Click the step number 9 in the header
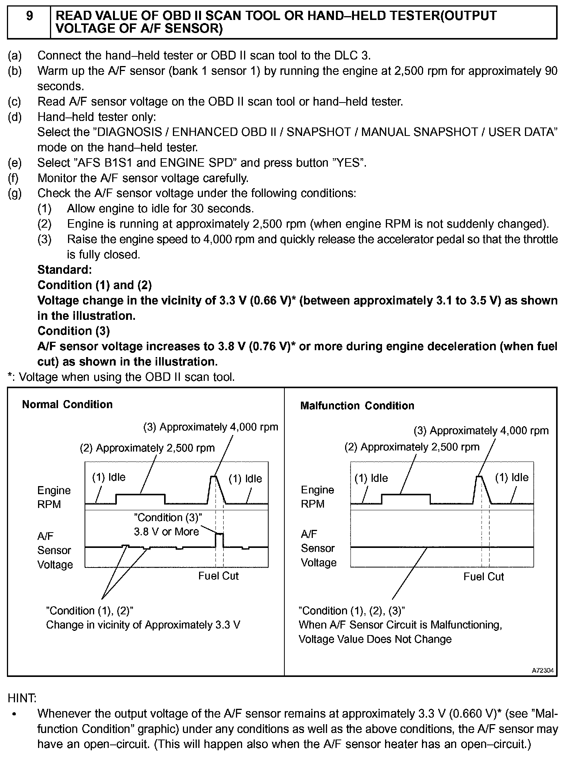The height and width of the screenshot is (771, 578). [x=29, y=16]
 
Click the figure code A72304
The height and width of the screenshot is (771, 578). [x=543, y=670]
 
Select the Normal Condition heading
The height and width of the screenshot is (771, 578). [x=67, y=404]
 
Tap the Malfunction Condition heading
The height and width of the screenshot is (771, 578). [x=357, y=405]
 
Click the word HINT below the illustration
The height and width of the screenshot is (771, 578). [x=22, y=698]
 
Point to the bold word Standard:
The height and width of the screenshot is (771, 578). [x=65, y=270]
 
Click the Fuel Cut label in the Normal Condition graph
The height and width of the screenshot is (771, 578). [x=218, y=576]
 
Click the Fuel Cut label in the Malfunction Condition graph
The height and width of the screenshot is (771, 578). [x=483, y=576]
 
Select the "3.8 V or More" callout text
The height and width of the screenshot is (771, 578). [x=166, y=531]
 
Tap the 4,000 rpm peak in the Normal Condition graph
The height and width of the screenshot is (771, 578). [x=214, y=477]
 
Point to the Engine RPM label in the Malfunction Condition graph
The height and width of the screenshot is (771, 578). [x=317, y=497]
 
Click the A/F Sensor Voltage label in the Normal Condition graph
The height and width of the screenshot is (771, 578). [x=55, y=550]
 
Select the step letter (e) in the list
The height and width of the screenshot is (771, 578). [x=15, y=163]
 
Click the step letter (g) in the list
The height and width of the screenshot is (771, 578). [x=15, y=193]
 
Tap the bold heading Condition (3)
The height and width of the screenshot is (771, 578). [x=73, y=331]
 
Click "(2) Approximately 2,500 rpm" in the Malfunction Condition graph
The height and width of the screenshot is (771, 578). [x=412, y=447]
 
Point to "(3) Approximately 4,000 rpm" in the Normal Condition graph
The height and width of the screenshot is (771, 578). [x=211, y=427]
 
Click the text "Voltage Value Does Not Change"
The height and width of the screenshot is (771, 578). [x=375, y=639]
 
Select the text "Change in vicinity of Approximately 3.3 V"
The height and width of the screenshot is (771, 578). [x=143, y=625]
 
